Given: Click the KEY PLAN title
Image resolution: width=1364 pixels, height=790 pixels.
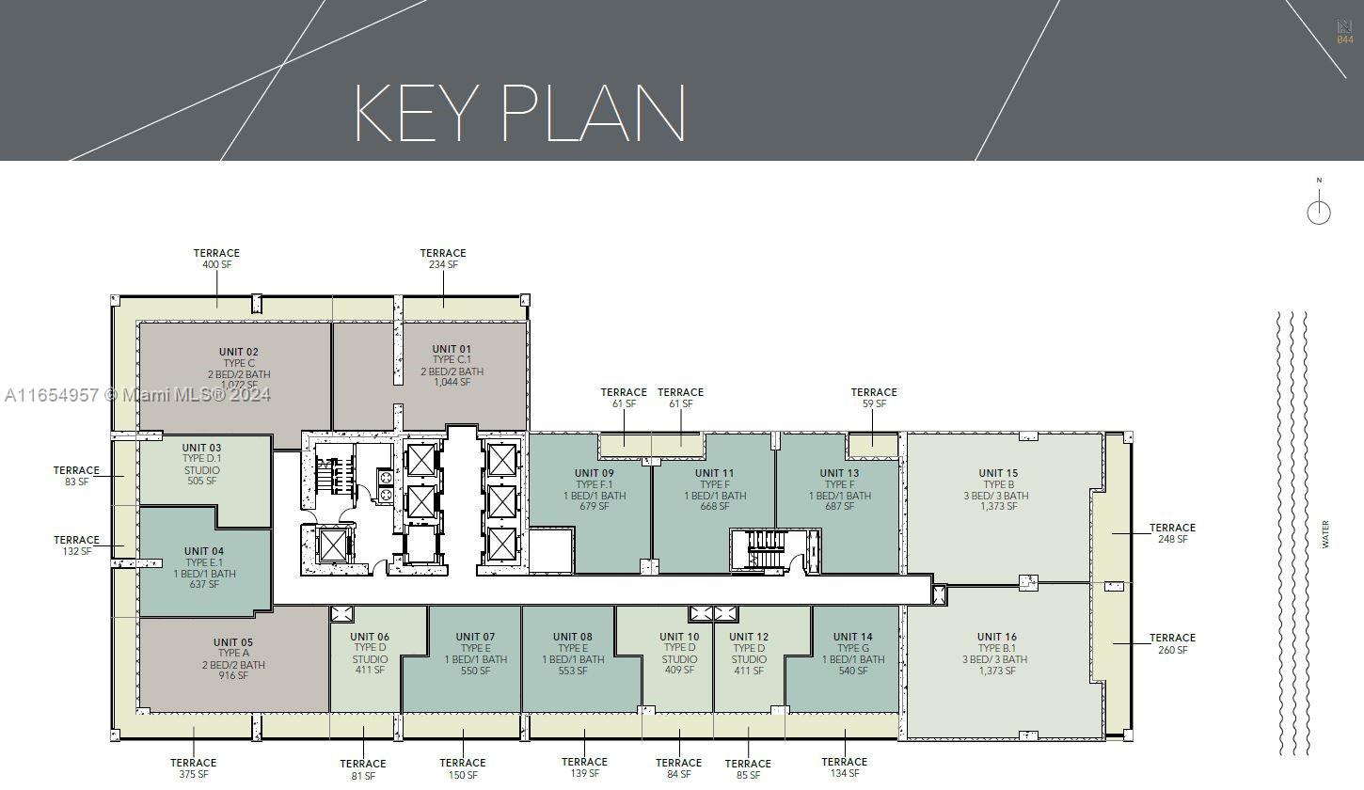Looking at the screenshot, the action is (x=520, y=114).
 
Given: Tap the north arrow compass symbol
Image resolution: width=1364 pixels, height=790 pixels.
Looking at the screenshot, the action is (x=1319, y=206).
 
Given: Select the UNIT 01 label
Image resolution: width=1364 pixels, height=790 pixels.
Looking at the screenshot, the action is (x=452, y=349).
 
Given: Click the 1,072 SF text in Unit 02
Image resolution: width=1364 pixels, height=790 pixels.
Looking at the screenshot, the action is (x=239, y=386).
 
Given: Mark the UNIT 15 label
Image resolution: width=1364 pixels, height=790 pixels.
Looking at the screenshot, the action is (x=998, y=473).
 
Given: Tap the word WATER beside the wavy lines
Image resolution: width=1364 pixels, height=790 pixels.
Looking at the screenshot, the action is (x=1325, y=534).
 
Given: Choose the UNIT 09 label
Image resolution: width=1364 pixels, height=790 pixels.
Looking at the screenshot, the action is (x=595, y=473).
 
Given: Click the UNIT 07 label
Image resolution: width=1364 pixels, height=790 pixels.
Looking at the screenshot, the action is (x=475, y=637).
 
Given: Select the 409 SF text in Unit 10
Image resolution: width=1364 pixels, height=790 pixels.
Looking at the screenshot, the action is (x=679, y=671).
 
